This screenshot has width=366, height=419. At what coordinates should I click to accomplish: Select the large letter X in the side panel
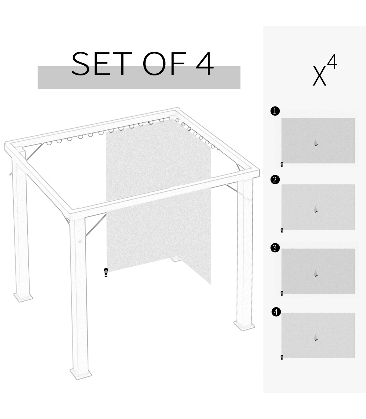click(319, 75)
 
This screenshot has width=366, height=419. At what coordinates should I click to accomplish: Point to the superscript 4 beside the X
click(332, 62)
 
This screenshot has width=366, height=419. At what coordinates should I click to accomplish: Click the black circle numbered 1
click(275, 111)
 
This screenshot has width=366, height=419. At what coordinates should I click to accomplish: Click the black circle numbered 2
click(275, 180)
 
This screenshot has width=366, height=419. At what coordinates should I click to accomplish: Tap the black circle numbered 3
click(275, 248)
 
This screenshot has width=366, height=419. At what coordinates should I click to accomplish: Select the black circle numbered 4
click(276, 312)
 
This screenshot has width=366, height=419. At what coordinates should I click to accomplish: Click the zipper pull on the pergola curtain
click(106, 273)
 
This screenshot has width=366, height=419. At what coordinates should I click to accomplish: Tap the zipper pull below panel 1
click(282, 164)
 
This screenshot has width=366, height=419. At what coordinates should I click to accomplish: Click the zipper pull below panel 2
click(282, 231)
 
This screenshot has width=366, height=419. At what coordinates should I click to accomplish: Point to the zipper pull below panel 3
click(282, 293)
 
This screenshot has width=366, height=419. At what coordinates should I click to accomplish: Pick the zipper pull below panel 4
click(282, 357)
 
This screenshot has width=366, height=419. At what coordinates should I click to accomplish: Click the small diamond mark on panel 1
click(316, 143)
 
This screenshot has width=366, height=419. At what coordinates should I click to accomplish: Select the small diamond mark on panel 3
click(316, 273)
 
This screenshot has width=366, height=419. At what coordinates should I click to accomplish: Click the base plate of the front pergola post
click(81, 374)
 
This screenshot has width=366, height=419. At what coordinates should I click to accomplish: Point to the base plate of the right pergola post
click(244, 326)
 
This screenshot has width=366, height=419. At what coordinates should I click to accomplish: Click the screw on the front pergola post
click(80, 241)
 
